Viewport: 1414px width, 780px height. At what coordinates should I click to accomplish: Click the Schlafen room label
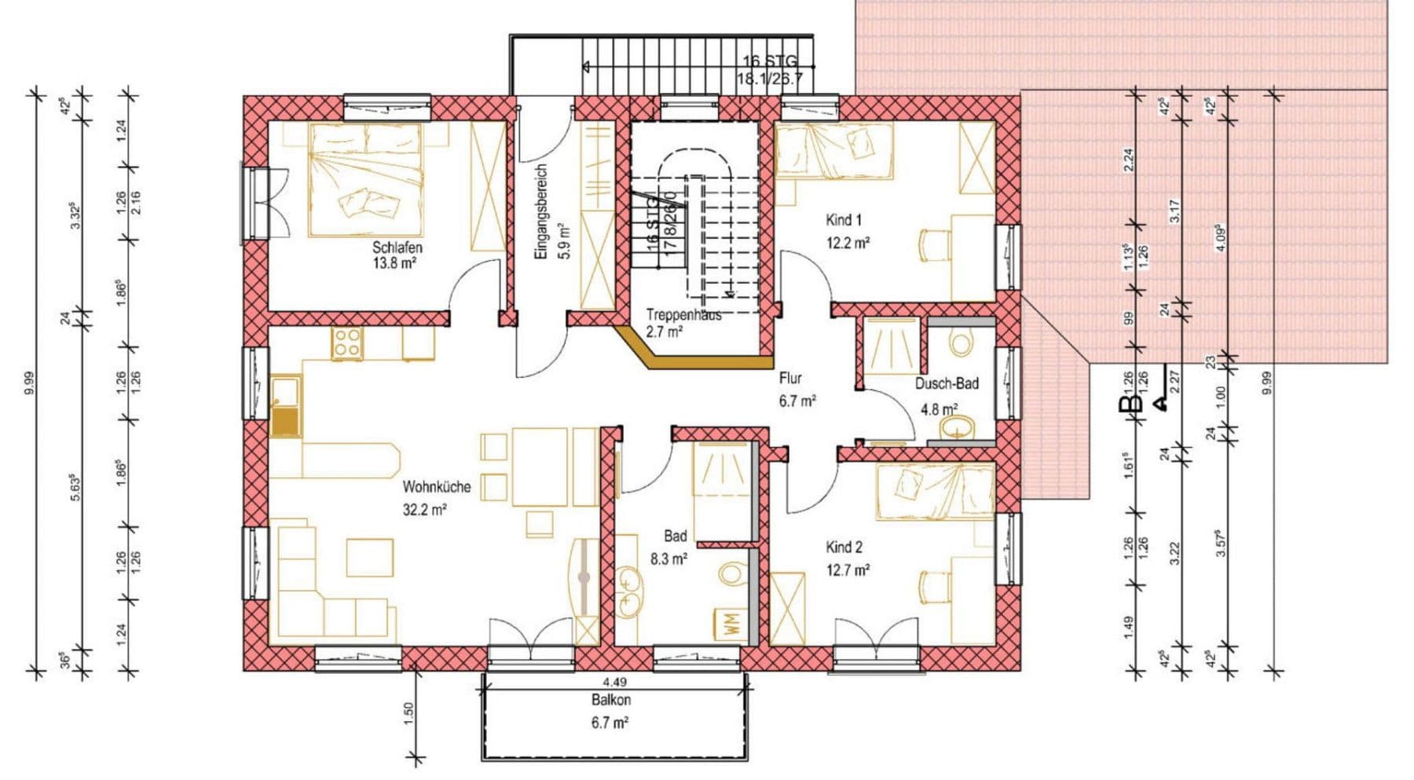(397, 248)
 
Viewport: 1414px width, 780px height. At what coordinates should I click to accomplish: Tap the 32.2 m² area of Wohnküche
(424, 510)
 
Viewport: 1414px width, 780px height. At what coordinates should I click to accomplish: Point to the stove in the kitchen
(346, 343)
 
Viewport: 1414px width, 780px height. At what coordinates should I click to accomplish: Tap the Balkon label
(610, 700)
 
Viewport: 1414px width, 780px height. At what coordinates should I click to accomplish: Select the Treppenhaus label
(683, 315)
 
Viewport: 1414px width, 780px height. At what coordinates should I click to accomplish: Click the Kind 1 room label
(843, 220)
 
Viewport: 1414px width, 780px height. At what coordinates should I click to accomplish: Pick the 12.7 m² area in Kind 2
(848, 571)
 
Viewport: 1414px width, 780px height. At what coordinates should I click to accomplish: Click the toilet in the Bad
(732, 574)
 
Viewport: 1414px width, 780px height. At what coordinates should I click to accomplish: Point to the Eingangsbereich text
(540, 212)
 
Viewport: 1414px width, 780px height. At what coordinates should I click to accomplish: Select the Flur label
(790, 379)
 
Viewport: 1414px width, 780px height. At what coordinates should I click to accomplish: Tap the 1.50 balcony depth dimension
(408, 714)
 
